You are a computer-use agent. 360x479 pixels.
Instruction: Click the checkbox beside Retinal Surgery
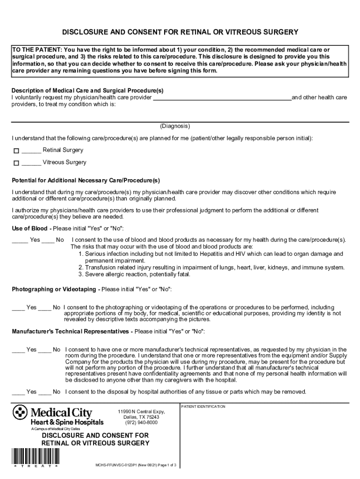coord(16,151)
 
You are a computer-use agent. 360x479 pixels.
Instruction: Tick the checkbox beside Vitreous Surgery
coord(16,163)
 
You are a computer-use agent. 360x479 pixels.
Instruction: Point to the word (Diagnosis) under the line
coord(175,126)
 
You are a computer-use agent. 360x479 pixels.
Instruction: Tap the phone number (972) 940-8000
coord(141,423)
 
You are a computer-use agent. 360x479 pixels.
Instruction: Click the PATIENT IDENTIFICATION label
coord(203,406)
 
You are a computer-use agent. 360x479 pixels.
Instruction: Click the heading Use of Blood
coord(29,228)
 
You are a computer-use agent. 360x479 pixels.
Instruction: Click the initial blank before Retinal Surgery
coord(31,151)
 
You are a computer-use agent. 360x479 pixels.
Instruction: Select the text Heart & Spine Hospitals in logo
coord(67,422)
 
